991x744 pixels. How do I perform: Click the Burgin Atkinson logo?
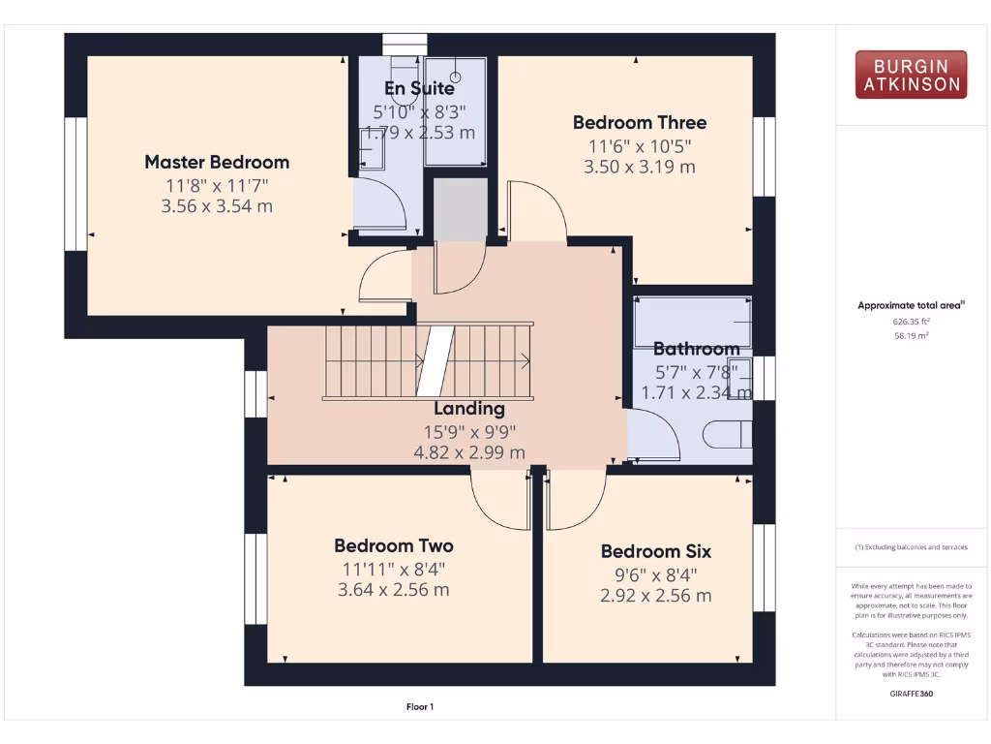point(911,76)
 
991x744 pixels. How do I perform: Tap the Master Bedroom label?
point(217,162)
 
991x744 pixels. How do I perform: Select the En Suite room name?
point(418,88)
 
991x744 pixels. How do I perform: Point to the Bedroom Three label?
point(639,122)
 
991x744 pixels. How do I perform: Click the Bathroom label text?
point(696,349)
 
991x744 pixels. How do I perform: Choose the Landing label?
point(468,409)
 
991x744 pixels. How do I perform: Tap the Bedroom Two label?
point(393,545)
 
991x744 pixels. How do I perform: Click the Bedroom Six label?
point(655,551)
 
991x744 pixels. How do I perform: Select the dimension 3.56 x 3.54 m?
point(217,205)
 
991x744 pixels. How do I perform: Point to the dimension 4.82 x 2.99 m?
point(468,452)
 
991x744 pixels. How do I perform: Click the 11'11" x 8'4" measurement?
point(393,569)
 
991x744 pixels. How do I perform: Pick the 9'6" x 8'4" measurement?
point(655,573)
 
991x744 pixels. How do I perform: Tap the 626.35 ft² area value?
point(911,321)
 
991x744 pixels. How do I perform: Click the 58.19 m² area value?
point(911,335)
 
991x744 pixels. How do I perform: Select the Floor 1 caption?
point(419,707)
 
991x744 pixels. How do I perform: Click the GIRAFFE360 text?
point(911,694)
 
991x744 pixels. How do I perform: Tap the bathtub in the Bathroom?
point(691,322)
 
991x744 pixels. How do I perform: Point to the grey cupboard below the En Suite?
point(458,208)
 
